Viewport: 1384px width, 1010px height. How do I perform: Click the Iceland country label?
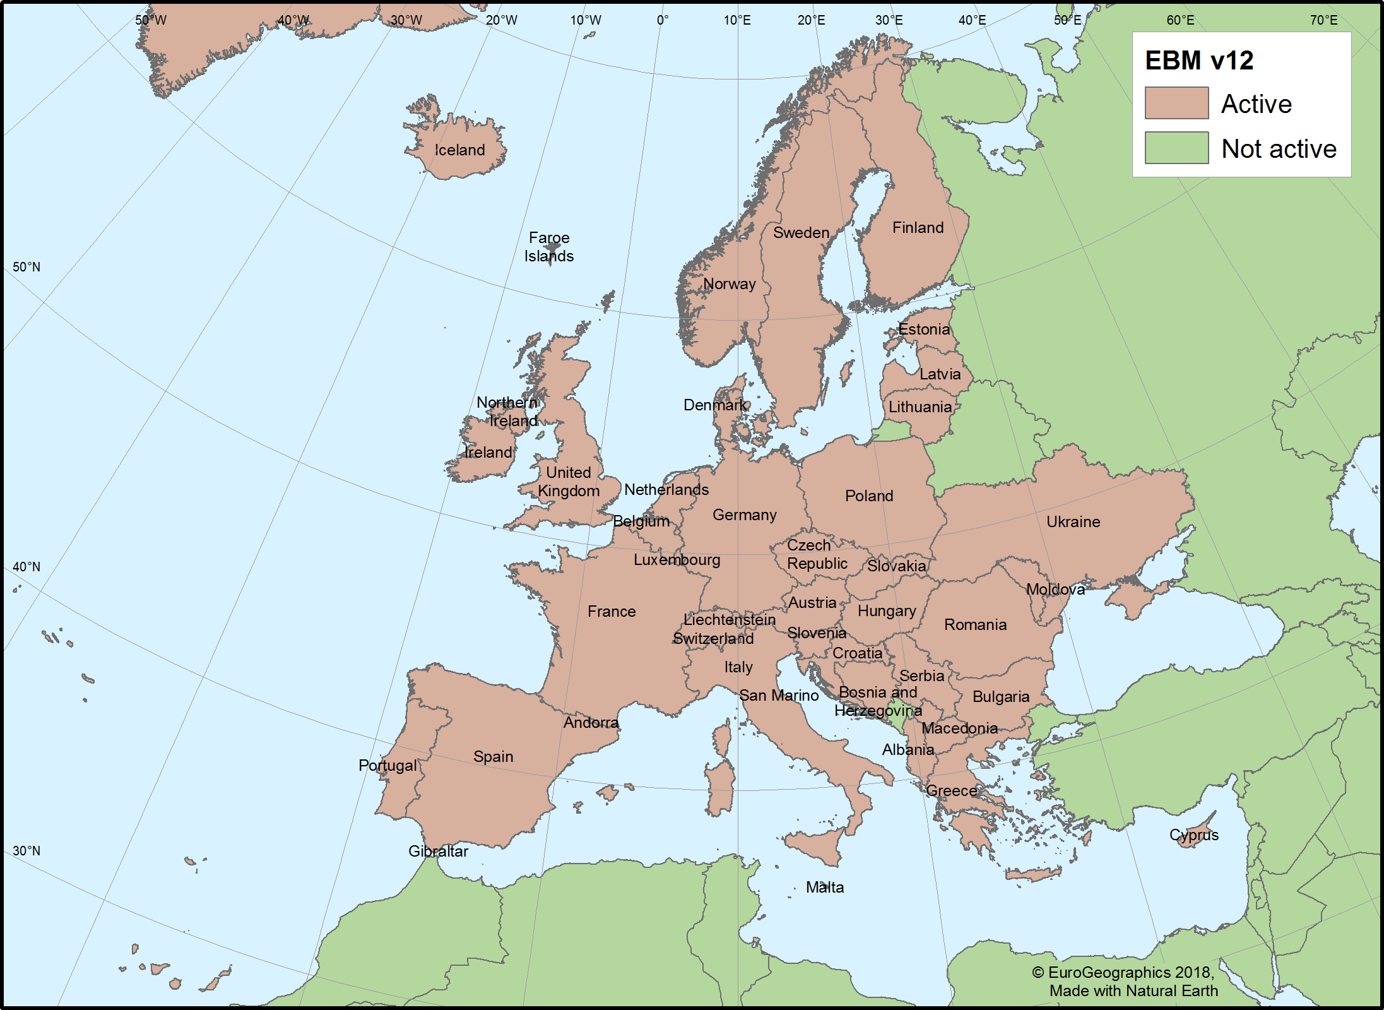(x=459, y=150)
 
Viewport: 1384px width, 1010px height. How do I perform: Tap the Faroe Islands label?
(x=548, y=247)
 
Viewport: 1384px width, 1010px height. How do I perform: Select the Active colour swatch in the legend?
(x=1176, y=104)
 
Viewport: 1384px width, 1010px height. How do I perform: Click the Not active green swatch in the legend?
(x=1176, y=148)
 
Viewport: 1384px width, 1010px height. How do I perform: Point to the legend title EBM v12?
(x=1198, y=61)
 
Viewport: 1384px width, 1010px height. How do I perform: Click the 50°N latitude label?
(x=27, y=267)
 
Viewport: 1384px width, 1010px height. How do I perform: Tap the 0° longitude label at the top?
(x=662, y=20)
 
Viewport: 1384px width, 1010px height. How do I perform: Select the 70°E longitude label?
(x=1323, y=20)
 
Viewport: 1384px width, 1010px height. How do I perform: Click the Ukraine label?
(x=1073, y=522)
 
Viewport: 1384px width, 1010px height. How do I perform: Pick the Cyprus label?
(x=1193, y=835)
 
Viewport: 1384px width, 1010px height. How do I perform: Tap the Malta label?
(x=824, y=888)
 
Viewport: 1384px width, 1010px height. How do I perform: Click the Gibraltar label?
(x=438, y=852)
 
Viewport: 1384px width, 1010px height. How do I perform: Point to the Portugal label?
(x=387, y=766)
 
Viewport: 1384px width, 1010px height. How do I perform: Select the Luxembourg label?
(x=677, y=560)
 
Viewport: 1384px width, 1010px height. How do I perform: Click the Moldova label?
(x=1055, y=590)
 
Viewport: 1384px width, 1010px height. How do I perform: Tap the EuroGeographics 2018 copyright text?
(x=1123, y=973)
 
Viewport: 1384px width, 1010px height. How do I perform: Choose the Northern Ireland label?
(x=507, y=412)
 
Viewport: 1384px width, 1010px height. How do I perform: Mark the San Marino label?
(x=779, y=696)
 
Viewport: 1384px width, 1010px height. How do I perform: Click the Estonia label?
(x=923, y=330)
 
